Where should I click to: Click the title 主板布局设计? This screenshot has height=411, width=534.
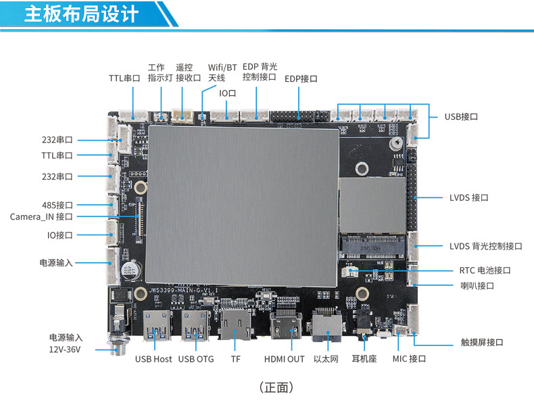tap(81, 14)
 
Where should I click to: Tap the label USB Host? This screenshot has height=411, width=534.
tap(153, 359)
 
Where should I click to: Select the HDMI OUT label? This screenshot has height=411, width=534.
tap(284, 359)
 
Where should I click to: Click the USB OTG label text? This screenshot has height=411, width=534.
tap(196, 359)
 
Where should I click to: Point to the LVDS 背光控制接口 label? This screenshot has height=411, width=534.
tap(485, 246)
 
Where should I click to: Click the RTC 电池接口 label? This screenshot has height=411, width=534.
tap(485, 270)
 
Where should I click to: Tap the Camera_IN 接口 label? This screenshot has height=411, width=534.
tap(41, 217)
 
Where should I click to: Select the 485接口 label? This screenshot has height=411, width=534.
tap(57, 205)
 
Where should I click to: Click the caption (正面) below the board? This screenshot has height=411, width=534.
tap(276, 387)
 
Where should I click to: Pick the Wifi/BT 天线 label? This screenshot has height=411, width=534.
tap(222, 72)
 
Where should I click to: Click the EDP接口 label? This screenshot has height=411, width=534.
tap(301, 79)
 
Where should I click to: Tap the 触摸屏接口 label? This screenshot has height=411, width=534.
tap(482, 342)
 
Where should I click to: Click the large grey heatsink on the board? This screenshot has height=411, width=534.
tap(243, 206)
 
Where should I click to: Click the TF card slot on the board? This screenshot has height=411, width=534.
tap(235, 324)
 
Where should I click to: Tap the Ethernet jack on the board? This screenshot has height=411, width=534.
tap(326, 325)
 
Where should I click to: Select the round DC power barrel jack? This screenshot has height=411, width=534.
tap(118, 343)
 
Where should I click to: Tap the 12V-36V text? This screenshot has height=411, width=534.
tap(65, 349)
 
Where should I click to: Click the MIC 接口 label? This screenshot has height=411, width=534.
tap(409, 359)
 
